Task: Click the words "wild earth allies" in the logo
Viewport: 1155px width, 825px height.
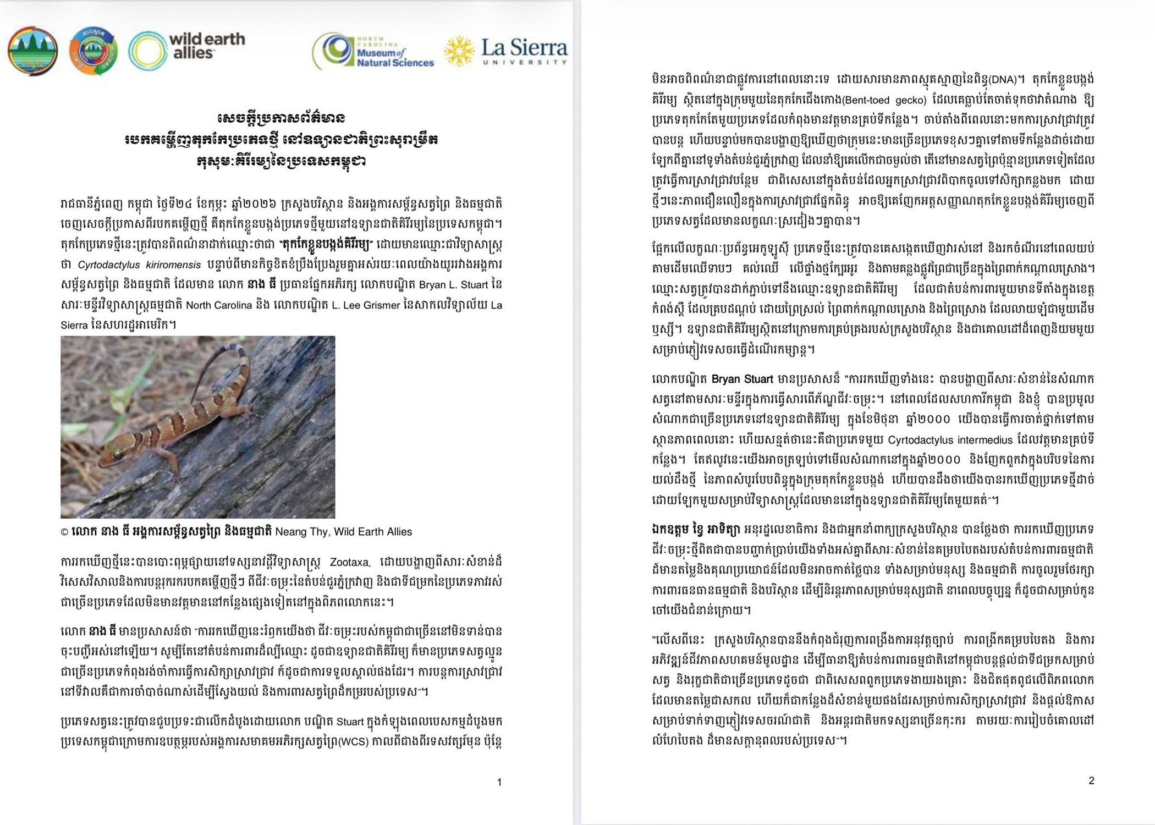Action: pyautogui.click(x=207, y=46)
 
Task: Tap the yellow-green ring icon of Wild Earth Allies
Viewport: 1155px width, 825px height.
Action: pyautogui.click(x=147, y=51)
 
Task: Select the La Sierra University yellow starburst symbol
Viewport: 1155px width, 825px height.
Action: pyautogui.click(x=459, y=52)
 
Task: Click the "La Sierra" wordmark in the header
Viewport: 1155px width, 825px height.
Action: pyautogui.click(x=524, y=47)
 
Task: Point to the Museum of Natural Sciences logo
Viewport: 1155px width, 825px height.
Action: pyautogui.click(x=373, y=52)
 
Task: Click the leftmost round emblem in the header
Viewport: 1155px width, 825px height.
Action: pyautogui.click(x=32, y=51)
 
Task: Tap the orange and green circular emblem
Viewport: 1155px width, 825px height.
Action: pyautogui.click(x=94, y=51)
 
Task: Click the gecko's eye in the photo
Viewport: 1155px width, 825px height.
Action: pyautogui.click(x=117, y=454)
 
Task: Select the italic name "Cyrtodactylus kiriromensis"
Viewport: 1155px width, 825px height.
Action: pyautogui.click(x=139, y=265)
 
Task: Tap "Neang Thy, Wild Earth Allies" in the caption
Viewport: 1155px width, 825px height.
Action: pyautogui.click(x=343, y=531)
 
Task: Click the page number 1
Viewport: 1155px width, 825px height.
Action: pyautogui.click(x=499, y=782)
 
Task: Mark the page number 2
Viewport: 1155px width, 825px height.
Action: pyautogui.click(x=1091, y=780)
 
